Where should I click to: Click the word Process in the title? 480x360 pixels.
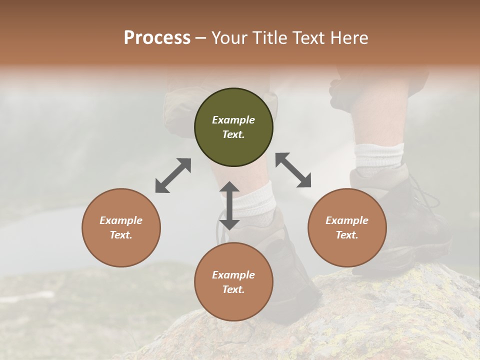pos(157,38)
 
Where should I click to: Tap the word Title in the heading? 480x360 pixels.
pos(269,38)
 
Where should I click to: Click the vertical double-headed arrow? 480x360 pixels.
pos(229,205)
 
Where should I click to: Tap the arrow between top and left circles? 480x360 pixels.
pos(173,175)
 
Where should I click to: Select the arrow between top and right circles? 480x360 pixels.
pos(293,170)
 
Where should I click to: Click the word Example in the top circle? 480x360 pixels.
pos(233,120)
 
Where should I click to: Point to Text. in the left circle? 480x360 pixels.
pos(121,235)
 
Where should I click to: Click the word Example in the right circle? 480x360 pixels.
pos(347,220)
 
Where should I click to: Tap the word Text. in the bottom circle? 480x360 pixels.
pos(233,289)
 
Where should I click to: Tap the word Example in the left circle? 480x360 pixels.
pos(121,220)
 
